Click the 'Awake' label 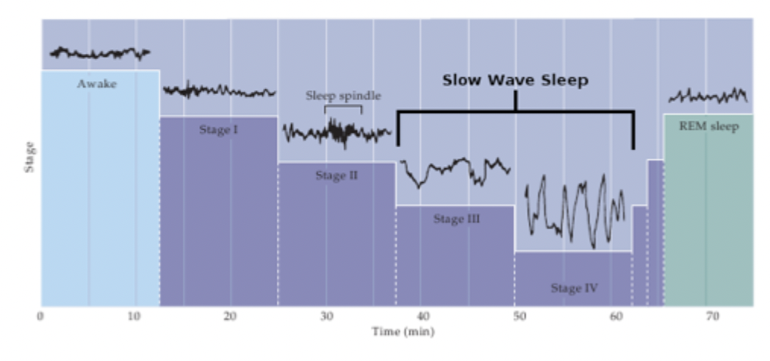(97, 83)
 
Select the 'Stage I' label (219, 130)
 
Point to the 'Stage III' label (456, 219)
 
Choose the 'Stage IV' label (574, 288)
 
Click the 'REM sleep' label (709, 127)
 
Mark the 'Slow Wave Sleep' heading (515, 80)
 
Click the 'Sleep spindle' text (343, 96)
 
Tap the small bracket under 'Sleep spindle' (343, 107)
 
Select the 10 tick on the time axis (134, 315)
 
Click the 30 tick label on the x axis (325, 315)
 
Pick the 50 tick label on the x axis (516, 315)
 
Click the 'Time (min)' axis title (402, 331)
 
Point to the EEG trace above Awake (99, 53)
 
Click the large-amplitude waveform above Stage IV (576, 209)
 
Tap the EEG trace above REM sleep (708, 96)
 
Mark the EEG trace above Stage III (455, 171)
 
